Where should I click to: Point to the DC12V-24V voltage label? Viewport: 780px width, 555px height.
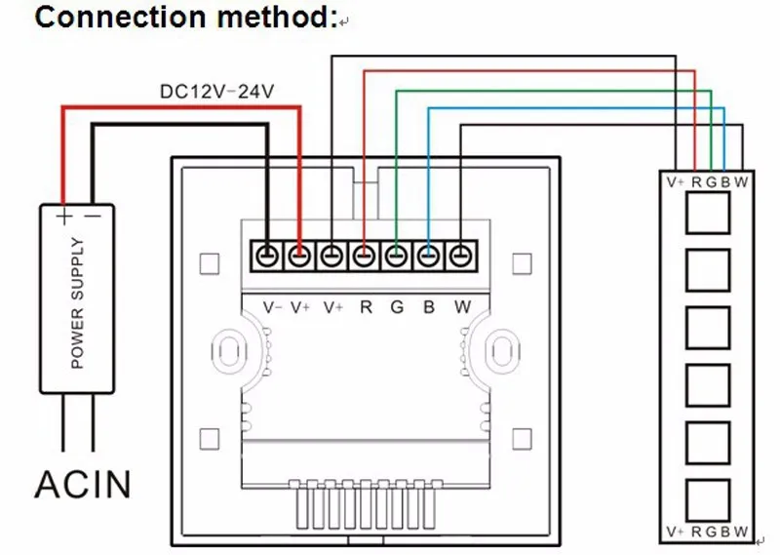pyautogui.click(x=217, y=92)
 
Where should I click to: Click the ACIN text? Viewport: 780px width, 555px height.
pyautogui.click(x=83, y=483)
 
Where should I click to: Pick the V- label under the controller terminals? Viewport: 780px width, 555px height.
pyautogui.click(x=273, y=307)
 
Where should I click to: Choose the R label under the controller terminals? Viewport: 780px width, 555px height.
pyautogui.click(x=366, y=307)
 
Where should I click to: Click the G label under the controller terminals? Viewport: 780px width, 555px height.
pyautogui.click(x=396, y=307)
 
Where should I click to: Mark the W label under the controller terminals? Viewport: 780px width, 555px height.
pyautogui.click(x=462, y=307)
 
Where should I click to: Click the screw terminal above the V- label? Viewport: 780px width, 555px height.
pyautogui.click(x=267, y=257)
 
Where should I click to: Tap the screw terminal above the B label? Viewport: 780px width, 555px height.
pyautogui.click(x=428, y=257)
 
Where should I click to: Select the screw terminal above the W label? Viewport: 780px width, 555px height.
pyautogui.click(x=460, y=257)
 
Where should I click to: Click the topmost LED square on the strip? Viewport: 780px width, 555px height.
pyautogui.click(x=707, y=213)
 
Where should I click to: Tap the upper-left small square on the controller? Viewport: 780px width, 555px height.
pyautogui.click(x=207, y=264)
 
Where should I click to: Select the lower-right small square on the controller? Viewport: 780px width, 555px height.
pyautogui.click(x=523, y=436)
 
